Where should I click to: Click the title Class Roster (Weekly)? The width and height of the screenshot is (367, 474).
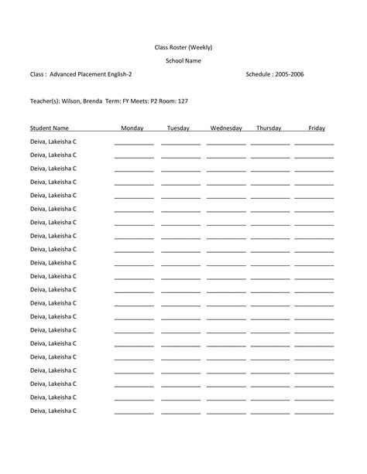coord(183,47)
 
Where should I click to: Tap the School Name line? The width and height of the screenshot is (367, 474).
coord(183,61)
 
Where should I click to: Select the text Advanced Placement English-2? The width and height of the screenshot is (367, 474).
coord(91,74)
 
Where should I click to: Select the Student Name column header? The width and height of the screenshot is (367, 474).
coord(50,128)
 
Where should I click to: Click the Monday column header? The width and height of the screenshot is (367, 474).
coord(132,128)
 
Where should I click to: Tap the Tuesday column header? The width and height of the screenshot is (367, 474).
coord(179,128)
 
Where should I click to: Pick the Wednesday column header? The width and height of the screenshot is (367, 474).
coord(226,128)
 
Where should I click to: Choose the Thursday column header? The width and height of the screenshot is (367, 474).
coord(269,128)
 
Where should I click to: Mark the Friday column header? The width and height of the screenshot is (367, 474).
coord(317,128)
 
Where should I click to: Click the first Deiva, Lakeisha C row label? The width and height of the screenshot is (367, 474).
coord(53,142)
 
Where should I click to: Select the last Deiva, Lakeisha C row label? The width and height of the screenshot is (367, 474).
coord(53,411)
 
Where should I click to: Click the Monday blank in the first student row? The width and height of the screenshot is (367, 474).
coord(134,144)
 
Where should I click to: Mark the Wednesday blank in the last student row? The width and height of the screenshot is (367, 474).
coord(226,413)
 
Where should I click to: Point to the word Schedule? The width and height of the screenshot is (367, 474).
coord(259,74)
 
